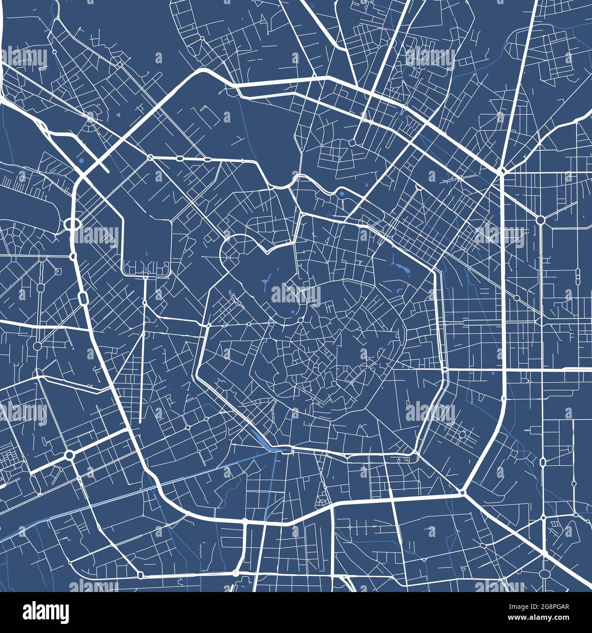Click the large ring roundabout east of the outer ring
pos(541,220)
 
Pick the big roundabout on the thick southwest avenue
pos(69,454)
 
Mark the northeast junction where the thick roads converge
pos(502,172)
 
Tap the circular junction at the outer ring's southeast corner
pos(462,492)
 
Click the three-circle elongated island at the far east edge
pos(578,276)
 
